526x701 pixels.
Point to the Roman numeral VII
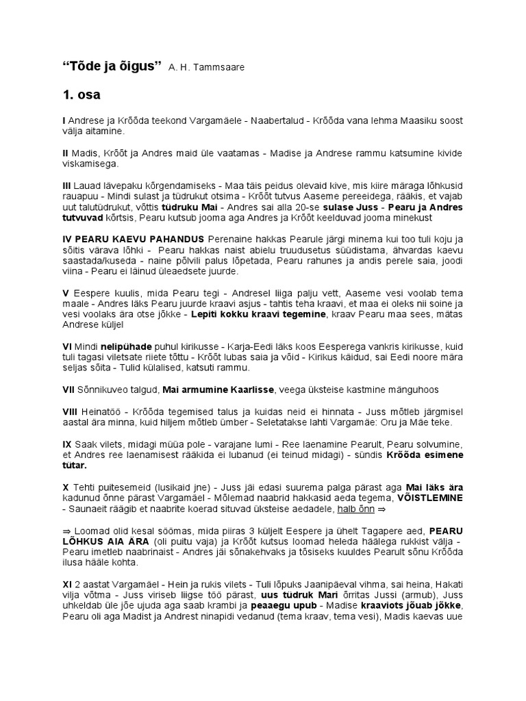[x=68, y=390]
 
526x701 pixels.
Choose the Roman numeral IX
[x=67, y=444]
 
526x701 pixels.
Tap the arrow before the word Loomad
[x=67, y=531]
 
